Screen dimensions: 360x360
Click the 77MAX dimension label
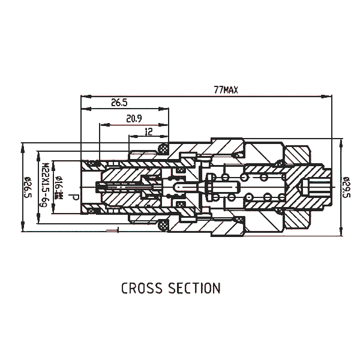point(226,91)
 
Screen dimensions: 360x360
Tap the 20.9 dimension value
point(134,119)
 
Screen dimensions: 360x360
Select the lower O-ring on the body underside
point(162,227)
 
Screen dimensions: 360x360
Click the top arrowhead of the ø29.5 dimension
point(340,142)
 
